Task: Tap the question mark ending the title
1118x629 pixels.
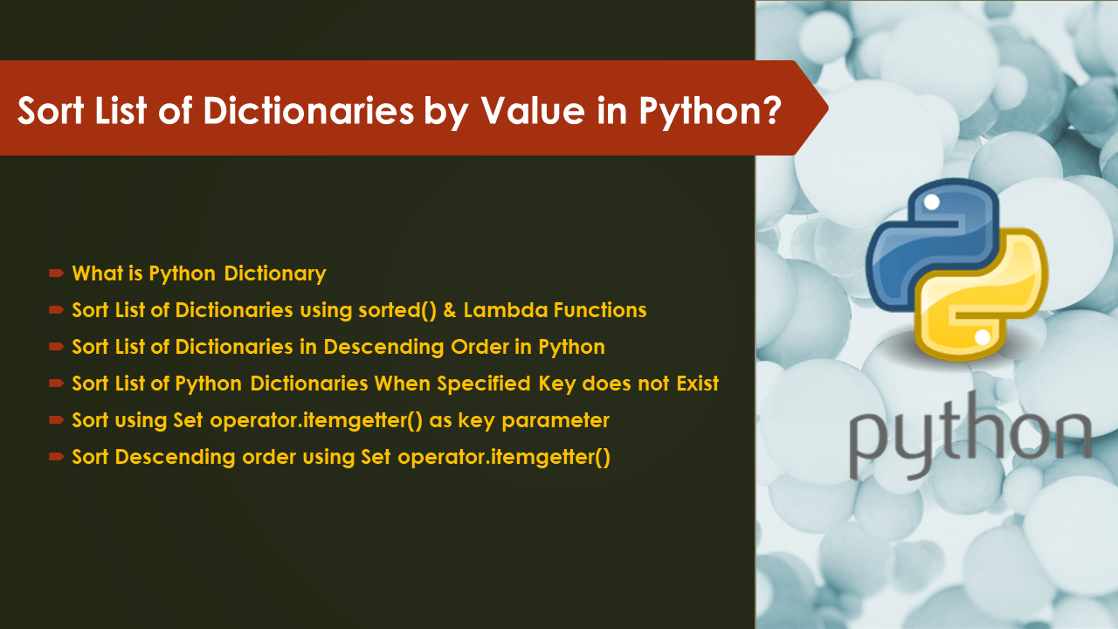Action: pos(769,113)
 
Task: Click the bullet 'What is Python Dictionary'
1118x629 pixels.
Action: pos(198,273)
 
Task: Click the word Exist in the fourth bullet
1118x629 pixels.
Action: pos(694,384)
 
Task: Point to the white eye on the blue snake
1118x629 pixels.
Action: pos(931,203)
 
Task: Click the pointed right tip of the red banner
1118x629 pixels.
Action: pos(825,107)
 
